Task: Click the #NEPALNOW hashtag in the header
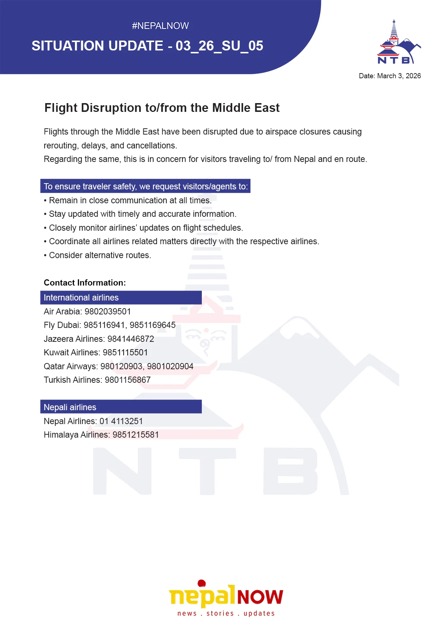click(160, 26)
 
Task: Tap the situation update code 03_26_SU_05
click(219, 46)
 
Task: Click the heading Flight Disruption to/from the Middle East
click(162, 108)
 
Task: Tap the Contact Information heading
click(85, 283)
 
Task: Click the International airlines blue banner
click(121, 298)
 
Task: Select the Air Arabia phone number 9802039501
click(108, 311)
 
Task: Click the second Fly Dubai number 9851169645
click(152, 325)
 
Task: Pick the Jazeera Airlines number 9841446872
click(131, 339)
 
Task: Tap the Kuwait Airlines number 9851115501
click(125, 352)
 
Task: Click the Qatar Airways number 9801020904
click(170, 366)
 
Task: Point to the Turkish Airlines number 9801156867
click(128, 380)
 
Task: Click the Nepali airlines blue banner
click(121, 407)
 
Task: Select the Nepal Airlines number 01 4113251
click(121, 421)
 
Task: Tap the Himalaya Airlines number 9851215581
click(136, 435)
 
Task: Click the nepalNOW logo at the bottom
click(226, 594)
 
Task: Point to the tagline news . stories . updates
click(226, 613)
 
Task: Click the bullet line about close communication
click(130, 200)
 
